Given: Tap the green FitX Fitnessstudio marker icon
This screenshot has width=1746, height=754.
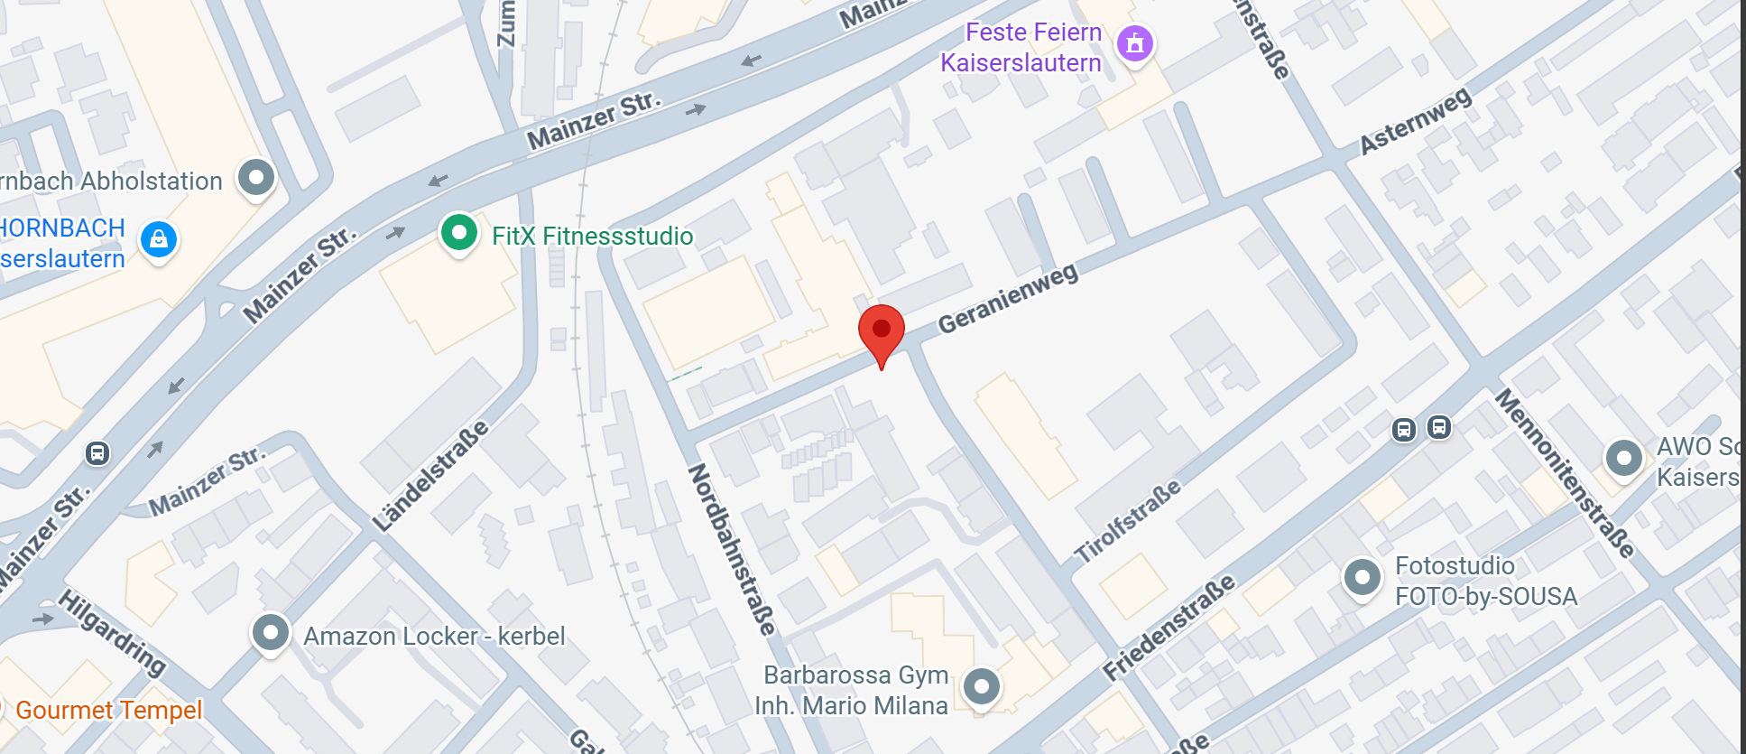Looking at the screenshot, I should point(458,232).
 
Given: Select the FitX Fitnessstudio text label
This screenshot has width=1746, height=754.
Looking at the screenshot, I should point(592,237).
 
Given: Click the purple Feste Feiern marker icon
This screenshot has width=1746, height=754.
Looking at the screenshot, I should point(1135,42).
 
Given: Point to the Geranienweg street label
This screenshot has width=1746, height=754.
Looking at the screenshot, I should point(1008,299).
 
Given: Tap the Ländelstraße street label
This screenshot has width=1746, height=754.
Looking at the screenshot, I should point(430,476).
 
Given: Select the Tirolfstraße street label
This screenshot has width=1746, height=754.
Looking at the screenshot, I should point(1127,521).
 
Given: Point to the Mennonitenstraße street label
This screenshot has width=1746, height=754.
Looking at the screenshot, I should point(1565,473).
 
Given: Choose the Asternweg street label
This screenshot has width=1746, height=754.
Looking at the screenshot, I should point(1415,121).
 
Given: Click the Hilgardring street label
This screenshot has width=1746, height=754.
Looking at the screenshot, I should point(113,632).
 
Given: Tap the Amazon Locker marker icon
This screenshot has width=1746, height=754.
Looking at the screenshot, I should point(270,633).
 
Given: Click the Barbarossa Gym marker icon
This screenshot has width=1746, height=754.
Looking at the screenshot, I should point(981,686).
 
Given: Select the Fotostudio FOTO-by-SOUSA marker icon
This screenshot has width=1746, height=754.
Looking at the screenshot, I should point(1362,577).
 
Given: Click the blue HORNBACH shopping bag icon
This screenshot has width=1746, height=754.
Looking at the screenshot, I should point(159,239).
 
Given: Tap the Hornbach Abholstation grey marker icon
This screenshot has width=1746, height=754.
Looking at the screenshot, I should point(256,177).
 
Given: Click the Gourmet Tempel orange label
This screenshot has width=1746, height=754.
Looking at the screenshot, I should point(108,711).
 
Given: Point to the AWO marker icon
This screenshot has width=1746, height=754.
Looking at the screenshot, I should point(1623,459).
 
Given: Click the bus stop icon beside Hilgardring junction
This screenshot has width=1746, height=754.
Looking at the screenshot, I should point(97,452).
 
